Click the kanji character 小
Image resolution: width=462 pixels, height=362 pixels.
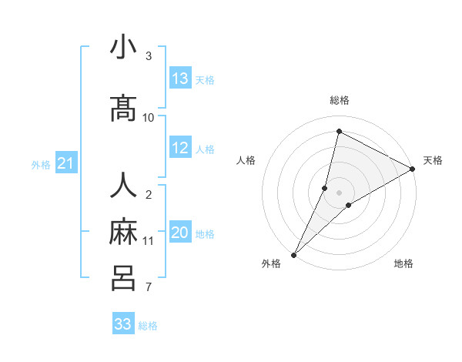point(123,48)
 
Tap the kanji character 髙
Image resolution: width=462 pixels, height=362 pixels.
point(123,109)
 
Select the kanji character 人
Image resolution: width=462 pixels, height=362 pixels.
point(123,186)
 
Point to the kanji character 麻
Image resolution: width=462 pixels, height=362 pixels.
point(123,232)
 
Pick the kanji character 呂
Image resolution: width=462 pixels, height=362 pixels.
point(123,278)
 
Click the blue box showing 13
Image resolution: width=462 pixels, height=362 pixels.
point(180,79)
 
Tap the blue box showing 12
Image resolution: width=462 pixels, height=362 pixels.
point(180,148)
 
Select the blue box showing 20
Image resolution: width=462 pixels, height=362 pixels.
point(180,233)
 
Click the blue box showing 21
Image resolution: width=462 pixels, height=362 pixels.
point(65,163)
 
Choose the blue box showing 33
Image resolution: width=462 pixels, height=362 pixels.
point(123,324)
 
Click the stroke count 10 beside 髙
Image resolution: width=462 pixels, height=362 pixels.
point(149,118)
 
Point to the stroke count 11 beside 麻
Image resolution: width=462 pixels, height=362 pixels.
point(149,241)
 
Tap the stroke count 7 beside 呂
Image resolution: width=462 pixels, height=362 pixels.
point(149,288)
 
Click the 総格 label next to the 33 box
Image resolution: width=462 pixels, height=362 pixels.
point(148,326)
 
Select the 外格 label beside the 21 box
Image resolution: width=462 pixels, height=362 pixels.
point(41,164)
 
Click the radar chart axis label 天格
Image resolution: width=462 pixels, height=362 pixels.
point(433,160)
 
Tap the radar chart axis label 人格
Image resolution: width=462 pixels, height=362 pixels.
point(246,160)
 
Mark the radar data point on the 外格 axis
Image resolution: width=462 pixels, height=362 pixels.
point(293,254)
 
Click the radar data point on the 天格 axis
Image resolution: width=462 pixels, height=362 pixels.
point(413,169)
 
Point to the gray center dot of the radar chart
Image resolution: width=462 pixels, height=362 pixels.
point(339,193)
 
